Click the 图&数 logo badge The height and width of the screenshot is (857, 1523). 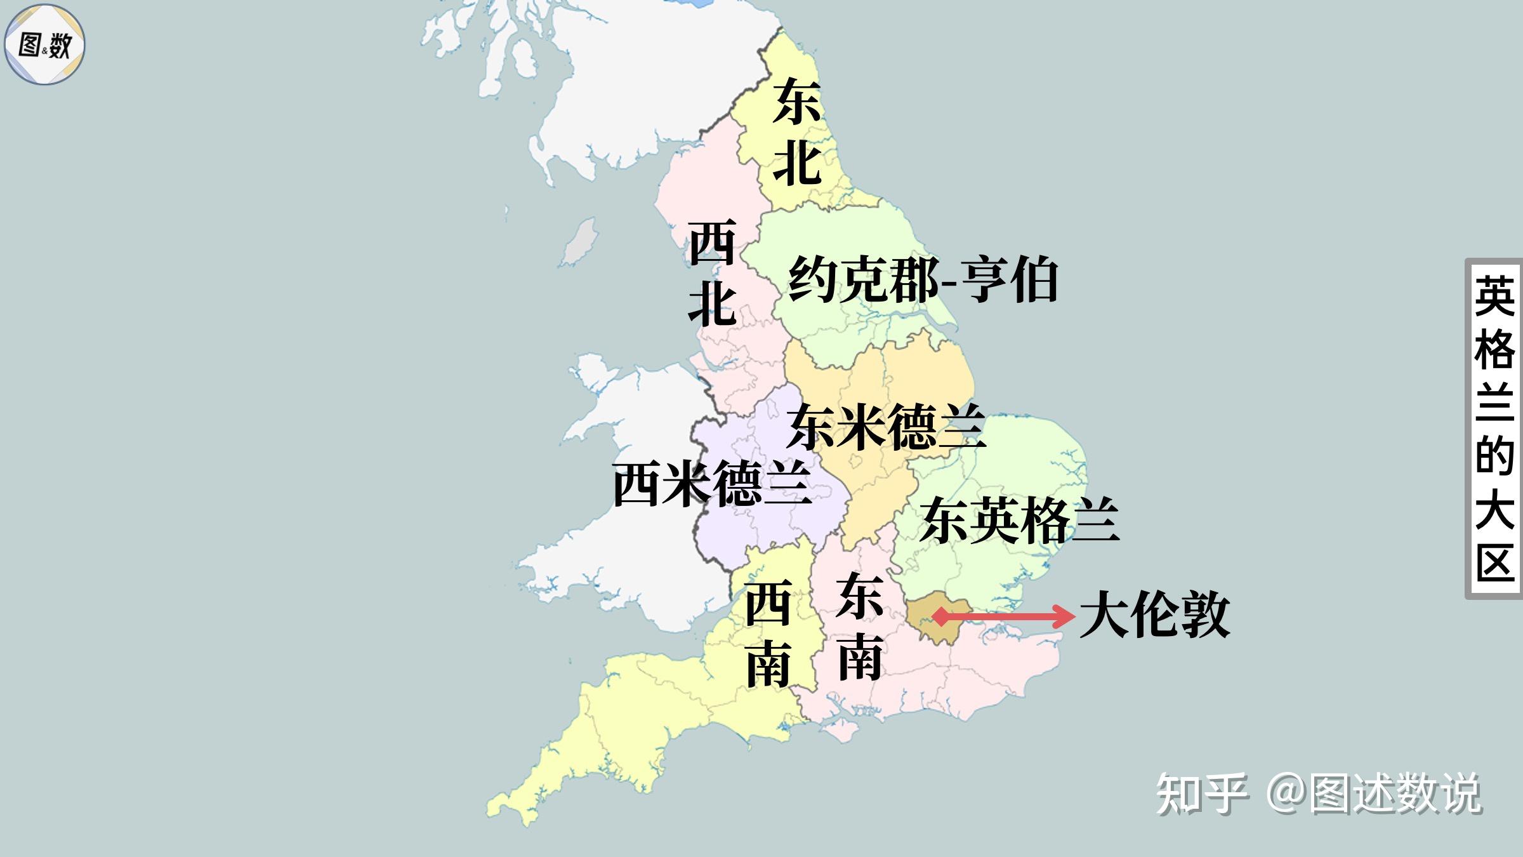(x=44, y=44)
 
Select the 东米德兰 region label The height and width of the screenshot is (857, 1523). (x=886, y=427)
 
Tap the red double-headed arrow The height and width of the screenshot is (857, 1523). (x=1003, y=616)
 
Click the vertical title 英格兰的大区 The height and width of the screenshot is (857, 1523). (x=1494, y=429)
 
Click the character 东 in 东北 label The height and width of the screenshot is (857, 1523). (x=796, y=102)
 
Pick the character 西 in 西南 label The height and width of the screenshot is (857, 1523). (x=768, y=603)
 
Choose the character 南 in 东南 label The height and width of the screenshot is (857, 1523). (x=860, y=657)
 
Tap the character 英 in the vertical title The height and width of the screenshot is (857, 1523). (x=1494, y=296)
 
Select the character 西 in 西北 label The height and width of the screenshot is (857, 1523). (x=712, y=242)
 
